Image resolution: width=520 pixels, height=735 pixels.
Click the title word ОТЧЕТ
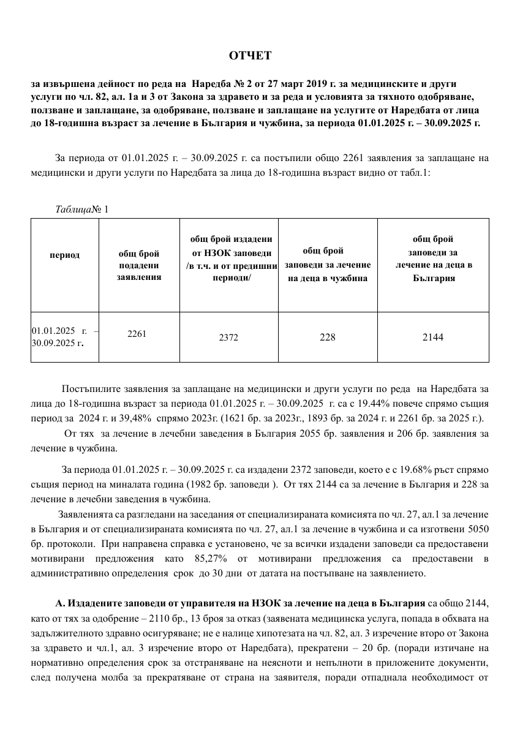click(x=250, y=56)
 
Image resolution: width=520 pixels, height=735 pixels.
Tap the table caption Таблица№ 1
click(x=81, y=209)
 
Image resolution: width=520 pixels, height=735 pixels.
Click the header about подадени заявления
click(x=138, y=265)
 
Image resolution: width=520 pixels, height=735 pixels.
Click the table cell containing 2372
click(x=228, y=337)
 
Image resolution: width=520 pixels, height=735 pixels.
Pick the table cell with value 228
click(x=327, y=337)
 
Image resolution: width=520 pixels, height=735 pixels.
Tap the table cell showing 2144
click(x=432, y=337)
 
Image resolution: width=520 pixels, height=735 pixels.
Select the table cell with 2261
click(x=137, y=334)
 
